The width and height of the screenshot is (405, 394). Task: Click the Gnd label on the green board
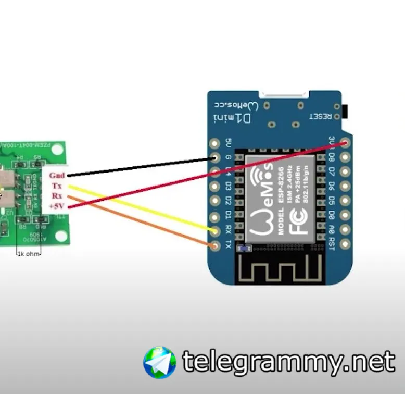(x=57, y=176)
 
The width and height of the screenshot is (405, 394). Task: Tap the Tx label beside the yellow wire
(x=57, y=186)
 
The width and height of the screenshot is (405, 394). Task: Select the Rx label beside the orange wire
(x=57, y=196)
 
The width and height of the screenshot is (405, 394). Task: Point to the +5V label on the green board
(x=56, y=206)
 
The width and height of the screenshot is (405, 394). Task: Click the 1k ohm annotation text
(x=28, y=254)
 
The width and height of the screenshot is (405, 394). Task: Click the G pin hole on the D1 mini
(x=214, y=157)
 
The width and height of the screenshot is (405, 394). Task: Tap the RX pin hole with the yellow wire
(x=214, y=230)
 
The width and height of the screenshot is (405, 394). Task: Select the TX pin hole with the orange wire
(x=214, y=245)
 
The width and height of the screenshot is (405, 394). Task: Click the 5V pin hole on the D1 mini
(x=214, y=143)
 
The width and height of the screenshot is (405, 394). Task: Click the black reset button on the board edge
(x=345, y=111)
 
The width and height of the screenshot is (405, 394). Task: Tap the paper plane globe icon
(x=159, y=362)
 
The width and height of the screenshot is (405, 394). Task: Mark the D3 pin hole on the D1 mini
(x=214, y=187)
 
